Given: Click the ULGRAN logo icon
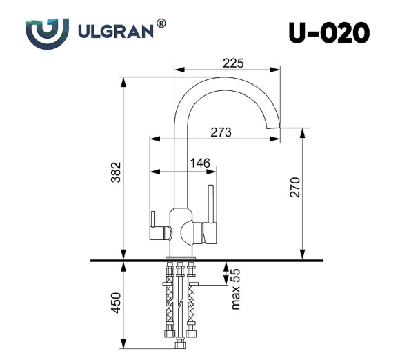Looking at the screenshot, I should (47, 31).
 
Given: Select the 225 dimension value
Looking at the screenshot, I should (234, 63).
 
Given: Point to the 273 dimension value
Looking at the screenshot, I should (220, 131).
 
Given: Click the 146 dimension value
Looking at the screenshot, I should (199, 162).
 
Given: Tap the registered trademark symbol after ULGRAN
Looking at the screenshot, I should (161, 23).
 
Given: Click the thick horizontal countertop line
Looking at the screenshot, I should (207, 261).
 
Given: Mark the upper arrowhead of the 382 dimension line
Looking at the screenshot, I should (123, 80).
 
